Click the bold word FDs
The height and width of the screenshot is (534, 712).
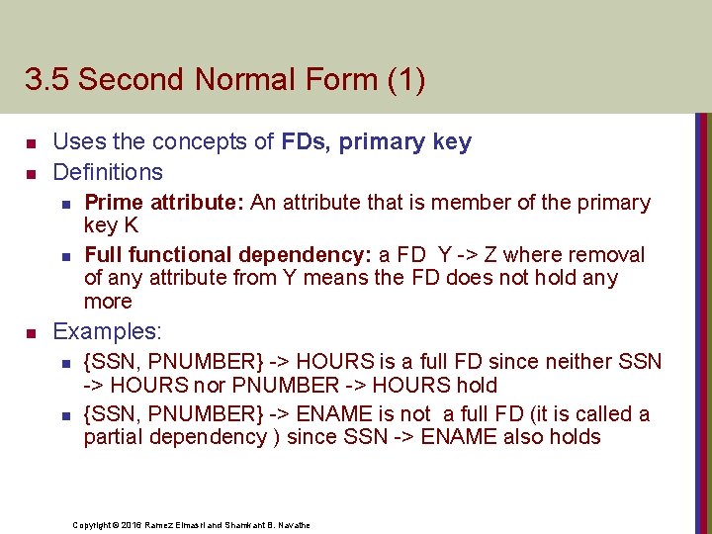(x=306, y=142)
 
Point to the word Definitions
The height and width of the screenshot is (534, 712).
(x=108, y=172)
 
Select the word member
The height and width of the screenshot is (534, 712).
(x=479, y=204)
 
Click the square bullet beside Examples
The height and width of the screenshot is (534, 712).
(x=30, y=331)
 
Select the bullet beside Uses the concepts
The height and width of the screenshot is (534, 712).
(x=30, y=142)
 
